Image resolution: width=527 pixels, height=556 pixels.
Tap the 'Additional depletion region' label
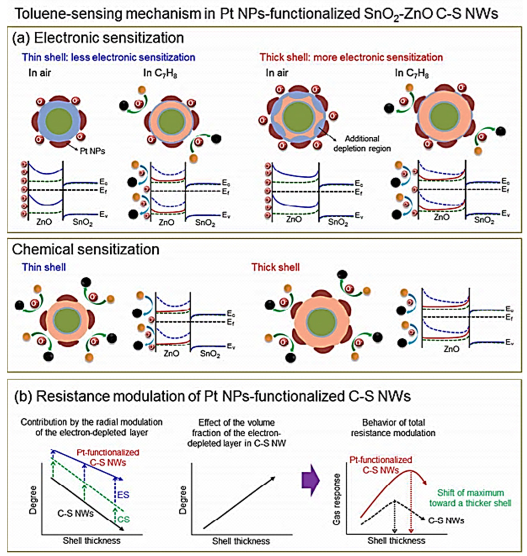[362, 143]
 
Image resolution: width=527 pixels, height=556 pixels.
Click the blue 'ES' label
[123, 494]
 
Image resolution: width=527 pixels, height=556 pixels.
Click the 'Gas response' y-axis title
[336, 499]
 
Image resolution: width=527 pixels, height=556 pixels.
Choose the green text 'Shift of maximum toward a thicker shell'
[470, 498]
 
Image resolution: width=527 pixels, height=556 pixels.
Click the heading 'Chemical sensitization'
[86, 249]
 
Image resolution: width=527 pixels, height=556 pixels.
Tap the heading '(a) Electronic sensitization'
[98, 38]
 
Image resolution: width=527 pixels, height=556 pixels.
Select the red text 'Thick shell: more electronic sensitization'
[351, 57]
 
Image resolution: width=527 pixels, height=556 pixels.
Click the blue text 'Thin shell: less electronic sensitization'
[108, 57]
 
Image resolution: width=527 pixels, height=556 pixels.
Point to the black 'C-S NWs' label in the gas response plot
[446, 521]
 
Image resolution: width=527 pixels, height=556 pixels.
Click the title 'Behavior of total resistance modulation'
[393, 428]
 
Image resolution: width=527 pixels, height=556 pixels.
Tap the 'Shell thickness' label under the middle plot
[241, 541]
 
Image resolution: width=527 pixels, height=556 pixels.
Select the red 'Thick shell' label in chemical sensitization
[275, 267]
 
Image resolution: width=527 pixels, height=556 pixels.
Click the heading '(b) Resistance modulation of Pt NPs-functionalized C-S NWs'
[211, 396]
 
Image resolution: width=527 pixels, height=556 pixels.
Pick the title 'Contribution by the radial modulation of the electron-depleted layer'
[92, 427]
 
